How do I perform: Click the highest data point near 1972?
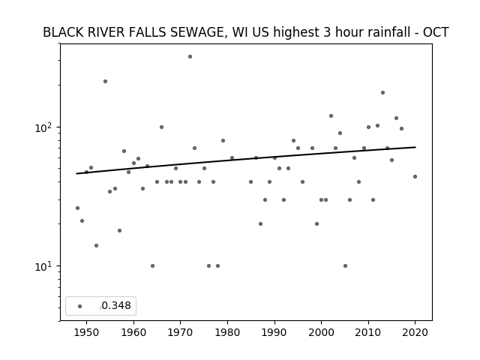[190, 57]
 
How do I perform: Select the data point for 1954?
[105, 82]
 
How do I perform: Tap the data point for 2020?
[415, 177]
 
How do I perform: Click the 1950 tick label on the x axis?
[86, 332]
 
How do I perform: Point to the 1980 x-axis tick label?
[227, 332]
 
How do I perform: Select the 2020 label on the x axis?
[415, 332]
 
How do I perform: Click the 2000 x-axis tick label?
[321, 332]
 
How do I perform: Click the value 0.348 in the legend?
[116, 305]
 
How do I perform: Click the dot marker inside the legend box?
[80, 306]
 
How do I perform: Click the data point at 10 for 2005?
[345, 266]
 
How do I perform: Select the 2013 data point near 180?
[382, 93]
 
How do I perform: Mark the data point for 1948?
[77, 208]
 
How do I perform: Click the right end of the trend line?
[415, 147]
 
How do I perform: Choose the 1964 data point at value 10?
[152, 266]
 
